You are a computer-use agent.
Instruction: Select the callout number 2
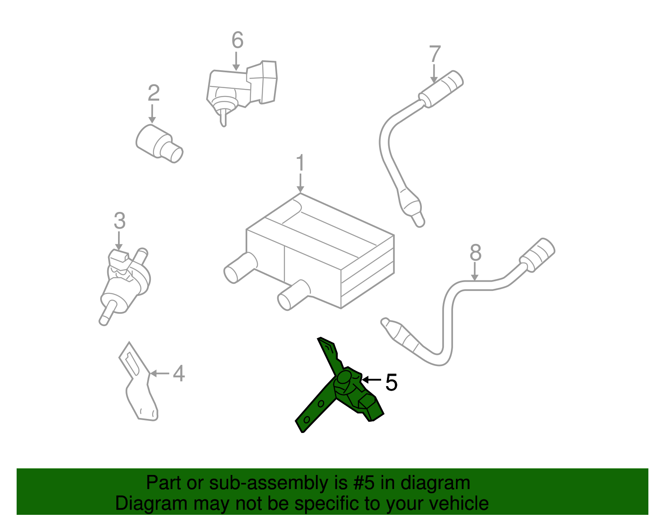click(x=153, y=93)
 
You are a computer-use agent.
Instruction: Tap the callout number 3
click(x=120, y=221)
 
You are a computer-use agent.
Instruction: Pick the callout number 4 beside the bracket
click(x=179, y=373)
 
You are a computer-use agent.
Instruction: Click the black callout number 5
click(x=391, y=382)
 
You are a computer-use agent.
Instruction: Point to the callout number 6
click(x=237, y=40)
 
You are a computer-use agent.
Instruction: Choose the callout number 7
click(x=435, y=54)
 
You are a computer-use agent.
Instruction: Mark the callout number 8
click(x=475, y=253)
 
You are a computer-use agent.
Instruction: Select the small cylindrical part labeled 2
click(x=159, y=143)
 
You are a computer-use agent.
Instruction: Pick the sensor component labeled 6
click(x=241, y=87)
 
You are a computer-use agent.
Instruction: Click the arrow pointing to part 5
click(x=371, y=379)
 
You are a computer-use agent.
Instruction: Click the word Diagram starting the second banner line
click(x=140, y=503)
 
